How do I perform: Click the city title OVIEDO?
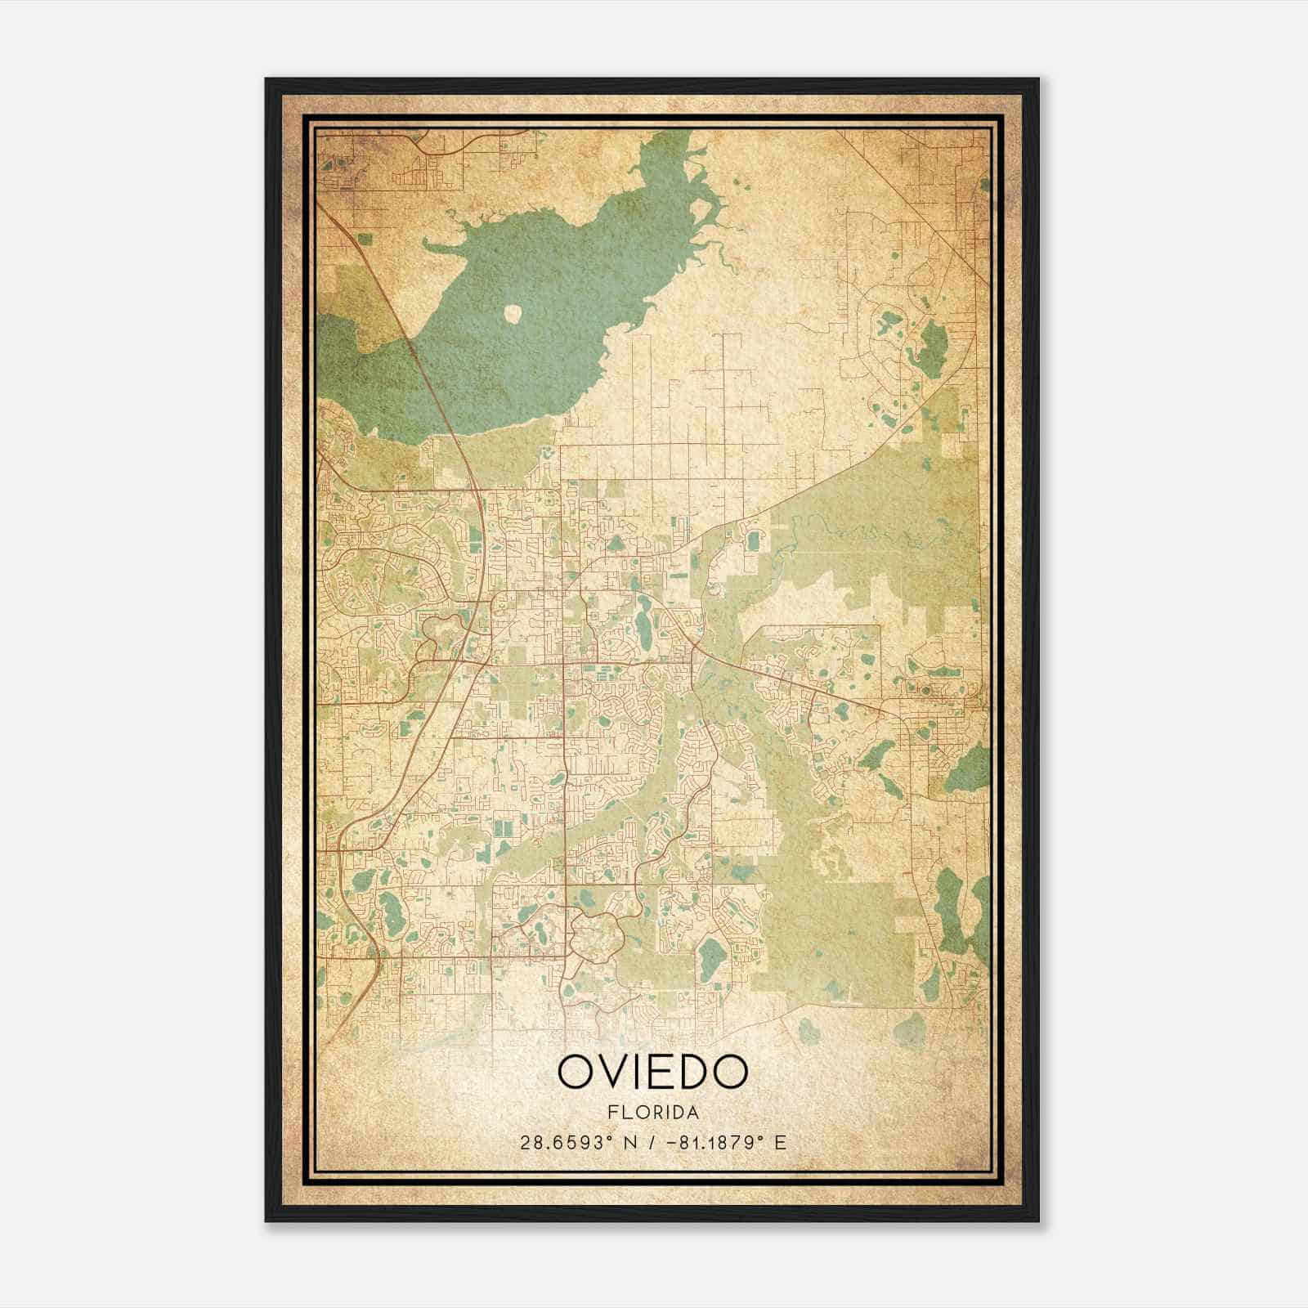pyautogui.click(x=652, y=1071)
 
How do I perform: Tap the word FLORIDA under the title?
pyautogui.click(x=652, y=1113)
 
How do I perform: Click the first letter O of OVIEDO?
pyautogui.click(x=575, y=1071)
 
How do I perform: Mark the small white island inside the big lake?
pyautogui.click(x=513, y=312)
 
